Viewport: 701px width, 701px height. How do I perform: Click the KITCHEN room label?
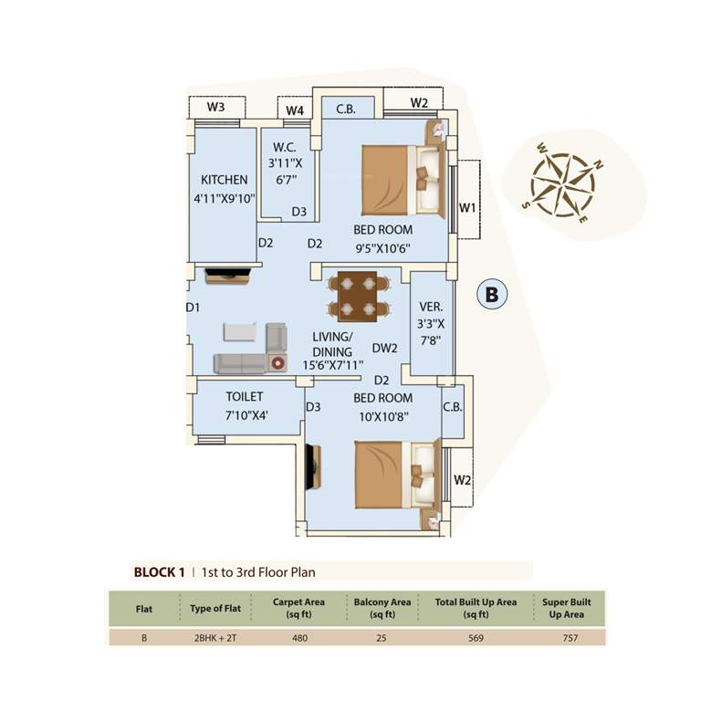(x=224, y=180)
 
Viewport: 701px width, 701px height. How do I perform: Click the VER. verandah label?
(x=430, y=307)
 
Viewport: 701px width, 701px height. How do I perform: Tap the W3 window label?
(x=215, y=107)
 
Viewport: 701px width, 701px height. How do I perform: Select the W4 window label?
(x=294, y=110)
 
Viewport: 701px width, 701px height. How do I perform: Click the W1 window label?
(x=467, y=208)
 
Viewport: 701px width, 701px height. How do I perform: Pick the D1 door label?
(x=193, y=308)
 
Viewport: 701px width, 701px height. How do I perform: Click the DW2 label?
(x=385, y=348)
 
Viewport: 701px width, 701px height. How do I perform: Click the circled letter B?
(x=492, y=294)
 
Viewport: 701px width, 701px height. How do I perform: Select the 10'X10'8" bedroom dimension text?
(x=382, y=415)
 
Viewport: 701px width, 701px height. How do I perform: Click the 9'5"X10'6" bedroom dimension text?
(x=382, y=247)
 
